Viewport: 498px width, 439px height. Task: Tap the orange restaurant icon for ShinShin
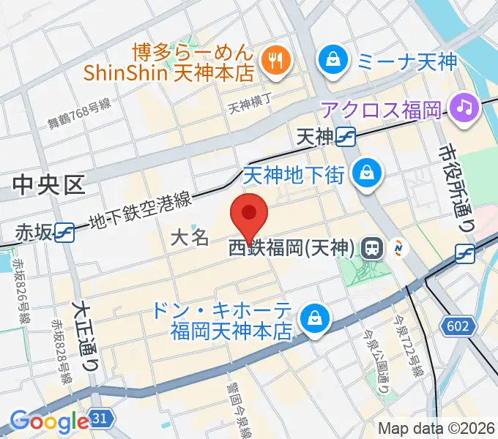275,61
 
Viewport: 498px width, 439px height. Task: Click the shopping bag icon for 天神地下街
363,173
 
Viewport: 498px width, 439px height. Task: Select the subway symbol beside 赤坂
65,231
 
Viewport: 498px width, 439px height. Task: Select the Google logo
48,421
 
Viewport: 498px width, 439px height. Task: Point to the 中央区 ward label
49,186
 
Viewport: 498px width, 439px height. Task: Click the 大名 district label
190,237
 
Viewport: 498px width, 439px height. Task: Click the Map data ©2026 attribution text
437,428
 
